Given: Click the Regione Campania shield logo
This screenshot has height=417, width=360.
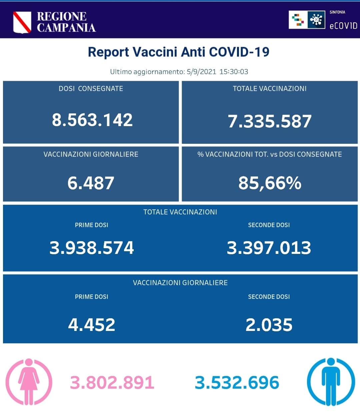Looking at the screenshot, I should tap(22, 22).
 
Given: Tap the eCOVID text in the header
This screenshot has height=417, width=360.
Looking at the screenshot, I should tap(343, 26).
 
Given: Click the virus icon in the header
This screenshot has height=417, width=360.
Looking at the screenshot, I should tap(316, 20).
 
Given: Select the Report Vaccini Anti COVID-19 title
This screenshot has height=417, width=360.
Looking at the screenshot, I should tap(179, 52).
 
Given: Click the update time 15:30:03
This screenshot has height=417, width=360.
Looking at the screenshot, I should tap(234, 72).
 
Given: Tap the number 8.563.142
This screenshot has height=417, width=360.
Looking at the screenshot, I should tap(92, 120).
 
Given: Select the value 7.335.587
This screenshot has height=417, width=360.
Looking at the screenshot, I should tap(269, 121).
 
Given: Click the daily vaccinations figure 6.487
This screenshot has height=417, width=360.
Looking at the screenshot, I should tap(91, 183).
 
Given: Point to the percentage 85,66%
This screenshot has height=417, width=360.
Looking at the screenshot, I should tap(270, 183).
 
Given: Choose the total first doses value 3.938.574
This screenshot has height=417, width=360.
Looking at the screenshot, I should tap(92, 248).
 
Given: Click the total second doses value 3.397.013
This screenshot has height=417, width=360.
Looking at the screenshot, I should tap(269, 248).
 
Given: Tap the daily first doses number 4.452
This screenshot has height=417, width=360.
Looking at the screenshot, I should tap(92, 325).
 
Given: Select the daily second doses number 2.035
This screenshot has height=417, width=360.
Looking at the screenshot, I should tap(269, 325).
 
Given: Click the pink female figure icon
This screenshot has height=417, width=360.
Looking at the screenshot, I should tap(29, 382).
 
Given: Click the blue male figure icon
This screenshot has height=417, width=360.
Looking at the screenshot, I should tap(331, 382).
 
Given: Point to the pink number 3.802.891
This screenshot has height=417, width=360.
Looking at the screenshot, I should tap(112, 383).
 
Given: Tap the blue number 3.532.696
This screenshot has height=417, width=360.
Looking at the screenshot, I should tap(237, 383).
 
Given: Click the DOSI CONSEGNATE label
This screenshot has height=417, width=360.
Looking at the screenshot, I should tap(91, 89).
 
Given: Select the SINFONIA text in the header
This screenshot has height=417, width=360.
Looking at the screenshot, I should tap(337, 12).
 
